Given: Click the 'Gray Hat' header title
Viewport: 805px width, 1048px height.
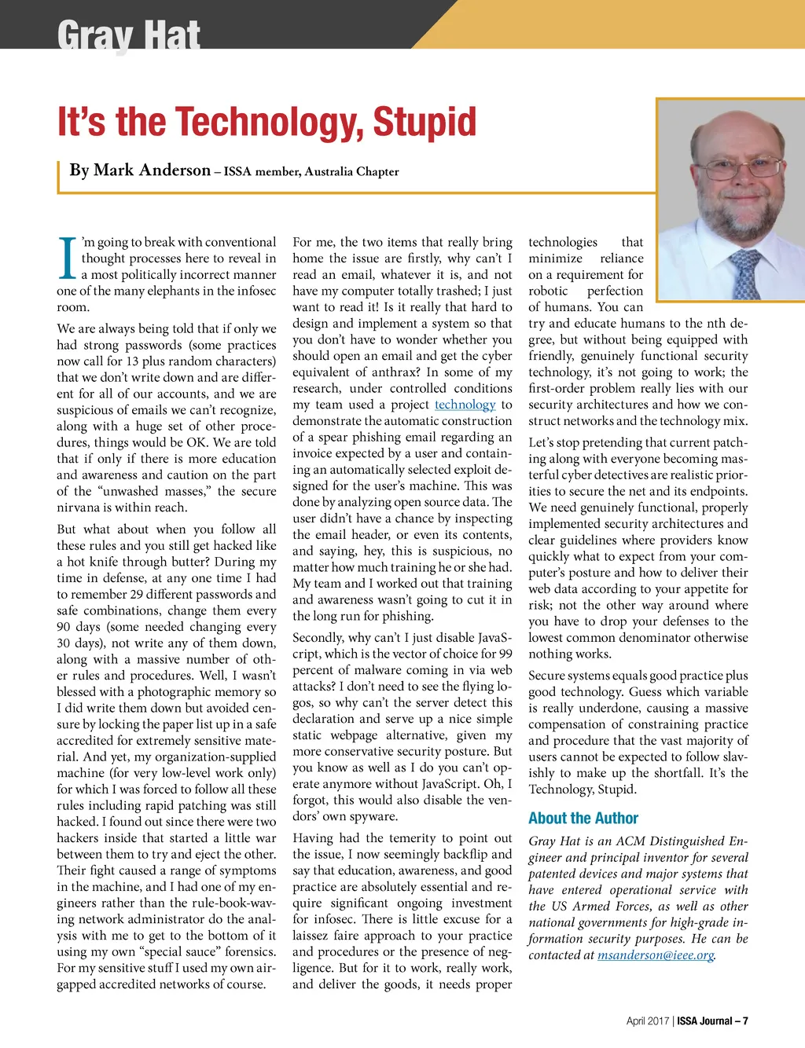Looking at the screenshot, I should pos(128,35).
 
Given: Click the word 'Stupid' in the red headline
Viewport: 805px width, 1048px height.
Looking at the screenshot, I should pos(425,122).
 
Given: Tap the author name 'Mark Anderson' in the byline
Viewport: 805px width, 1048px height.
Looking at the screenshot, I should pos(152,170).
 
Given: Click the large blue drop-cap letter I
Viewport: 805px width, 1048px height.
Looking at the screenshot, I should pos(68,258).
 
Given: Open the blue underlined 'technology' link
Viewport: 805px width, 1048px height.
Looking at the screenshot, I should pos(465,405).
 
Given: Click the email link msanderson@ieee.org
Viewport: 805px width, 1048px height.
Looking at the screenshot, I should pos(656,955).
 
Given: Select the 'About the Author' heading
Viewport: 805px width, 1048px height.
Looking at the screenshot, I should pos(583,818).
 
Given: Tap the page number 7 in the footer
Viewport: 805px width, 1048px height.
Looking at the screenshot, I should pos(745,1021).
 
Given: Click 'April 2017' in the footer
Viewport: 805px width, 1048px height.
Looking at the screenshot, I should pos(647,1021).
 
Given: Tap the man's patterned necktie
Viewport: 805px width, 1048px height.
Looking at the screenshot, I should pos(744,272).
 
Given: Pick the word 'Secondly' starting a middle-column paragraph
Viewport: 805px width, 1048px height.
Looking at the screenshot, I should pos(318,638).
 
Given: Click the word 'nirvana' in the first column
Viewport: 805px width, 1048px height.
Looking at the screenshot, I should pos(79,508).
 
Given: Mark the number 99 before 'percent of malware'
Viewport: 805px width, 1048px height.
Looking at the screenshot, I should pos(505,654).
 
